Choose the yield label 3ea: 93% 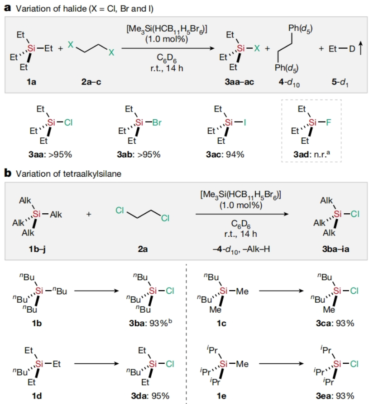tap(336, 396)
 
